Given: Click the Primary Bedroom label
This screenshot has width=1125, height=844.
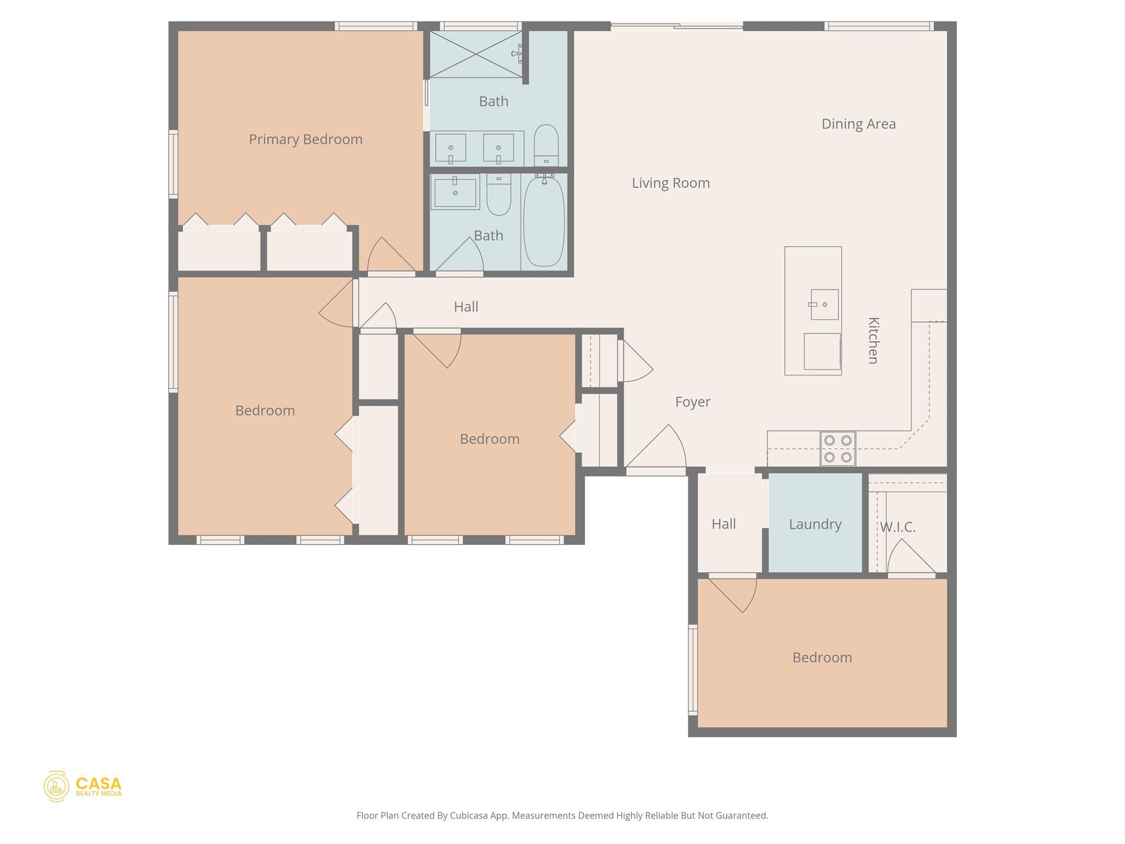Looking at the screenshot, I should point(305,140).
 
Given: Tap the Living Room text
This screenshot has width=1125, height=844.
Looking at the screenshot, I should point(670,183).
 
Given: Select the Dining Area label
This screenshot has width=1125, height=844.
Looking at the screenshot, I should point(858,124).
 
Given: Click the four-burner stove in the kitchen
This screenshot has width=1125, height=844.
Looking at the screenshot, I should point(838,448).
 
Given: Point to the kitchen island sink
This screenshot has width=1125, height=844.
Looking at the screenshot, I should point(825,304).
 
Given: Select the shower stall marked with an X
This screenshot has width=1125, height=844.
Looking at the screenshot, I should point(475,54).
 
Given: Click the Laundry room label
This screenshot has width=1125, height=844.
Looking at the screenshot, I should point(815,524).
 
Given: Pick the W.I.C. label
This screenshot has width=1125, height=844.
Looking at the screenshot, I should point(898,527).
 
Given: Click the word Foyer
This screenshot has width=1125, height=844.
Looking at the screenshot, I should point(692,402).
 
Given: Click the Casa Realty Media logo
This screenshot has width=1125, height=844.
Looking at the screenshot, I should point(82,786).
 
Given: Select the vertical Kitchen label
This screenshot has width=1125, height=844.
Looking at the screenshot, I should point(873,340).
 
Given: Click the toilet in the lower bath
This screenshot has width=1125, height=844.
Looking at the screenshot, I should point(499,195).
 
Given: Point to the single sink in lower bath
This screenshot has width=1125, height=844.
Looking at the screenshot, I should point(455,192).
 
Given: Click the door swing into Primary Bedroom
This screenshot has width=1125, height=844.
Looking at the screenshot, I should point(388,256).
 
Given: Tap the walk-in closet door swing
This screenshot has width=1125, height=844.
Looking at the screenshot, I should point(909,558).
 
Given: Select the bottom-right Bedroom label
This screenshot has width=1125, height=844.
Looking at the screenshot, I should point(822,658).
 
